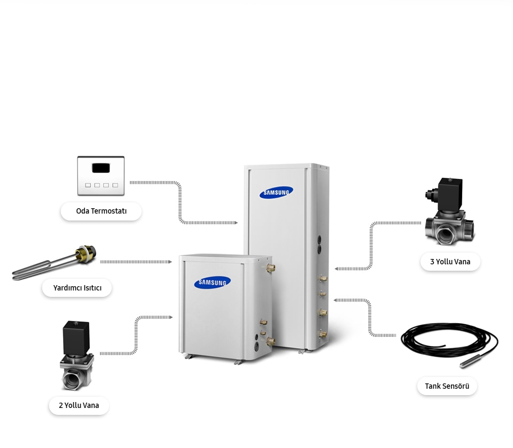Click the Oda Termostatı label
pyautogui.click(x=101, y=211)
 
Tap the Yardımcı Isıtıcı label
pyautogui.click(x=77, y=288)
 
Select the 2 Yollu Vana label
pyautogui.click(x=79, y=405)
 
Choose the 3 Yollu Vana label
pyautogui.click(x=450, y=262)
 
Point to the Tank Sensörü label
pyautogui.click(x=447, y=386)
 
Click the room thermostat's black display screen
pyautogui.click(x=100, y=168)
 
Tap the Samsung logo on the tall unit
pyautogui.click(x=276, y=193)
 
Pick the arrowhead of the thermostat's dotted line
pyautogui.click(x=236, y=222)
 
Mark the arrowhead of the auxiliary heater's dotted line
pyautogui.click(x=170, y=262)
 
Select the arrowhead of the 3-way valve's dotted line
pyautogui.click(x=337, y=269)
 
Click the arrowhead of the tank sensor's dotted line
pyautogui.click(x=336, y=300)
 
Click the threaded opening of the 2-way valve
pyautogui.click(x=72, y=380)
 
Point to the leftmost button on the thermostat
pyautogui.click(x=88, y=185)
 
